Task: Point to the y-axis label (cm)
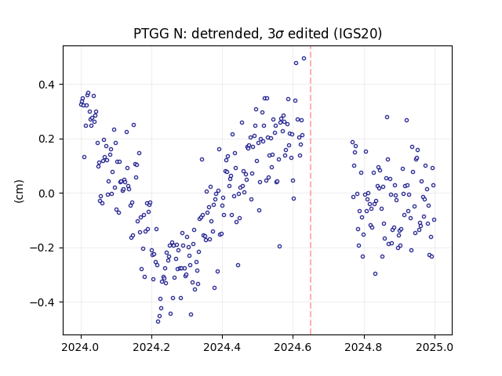[x=19, y=191]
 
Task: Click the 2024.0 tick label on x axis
[x=81, y=347]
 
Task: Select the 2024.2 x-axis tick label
[x=151, y=347]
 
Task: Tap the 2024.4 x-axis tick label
[x=222, y=347]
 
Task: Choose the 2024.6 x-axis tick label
[x=293, y=347]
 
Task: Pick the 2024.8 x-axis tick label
[x=364, y=347]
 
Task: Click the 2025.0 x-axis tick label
[x=435, y=347]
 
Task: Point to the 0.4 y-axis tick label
[x=46, y=85]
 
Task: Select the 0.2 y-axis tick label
[x=46, y=139]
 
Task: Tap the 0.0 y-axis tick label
[x=46, y=193]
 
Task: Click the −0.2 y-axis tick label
[x=42, y=248]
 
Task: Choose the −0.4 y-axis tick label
[x=42, y=302]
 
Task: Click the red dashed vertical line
[x=311, y=190]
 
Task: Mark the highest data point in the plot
[x=304, y=59]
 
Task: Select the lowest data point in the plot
[x=158, y=321]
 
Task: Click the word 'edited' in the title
[x=308, y=34]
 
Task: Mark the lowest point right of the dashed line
[x=375, y=273]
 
